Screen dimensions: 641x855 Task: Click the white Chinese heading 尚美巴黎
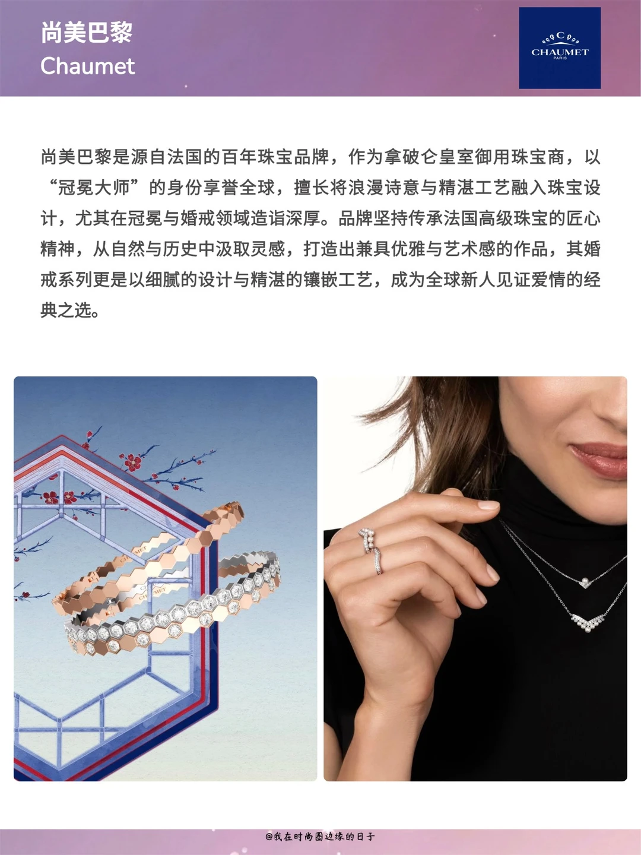(87, 32)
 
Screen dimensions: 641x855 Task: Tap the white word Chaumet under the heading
(88, 66)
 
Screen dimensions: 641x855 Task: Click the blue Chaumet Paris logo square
(560, 48)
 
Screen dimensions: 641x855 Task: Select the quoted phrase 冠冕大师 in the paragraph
(94, 188)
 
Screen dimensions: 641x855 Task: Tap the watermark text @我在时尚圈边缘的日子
(320, 836)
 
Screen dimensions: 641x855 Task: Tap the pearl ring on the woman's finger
(367, 541)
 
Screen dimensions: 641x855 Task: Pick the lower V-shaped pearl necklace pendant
(588, 621)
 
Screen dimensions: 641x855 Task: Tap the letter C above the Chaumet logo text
(560, 36)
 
